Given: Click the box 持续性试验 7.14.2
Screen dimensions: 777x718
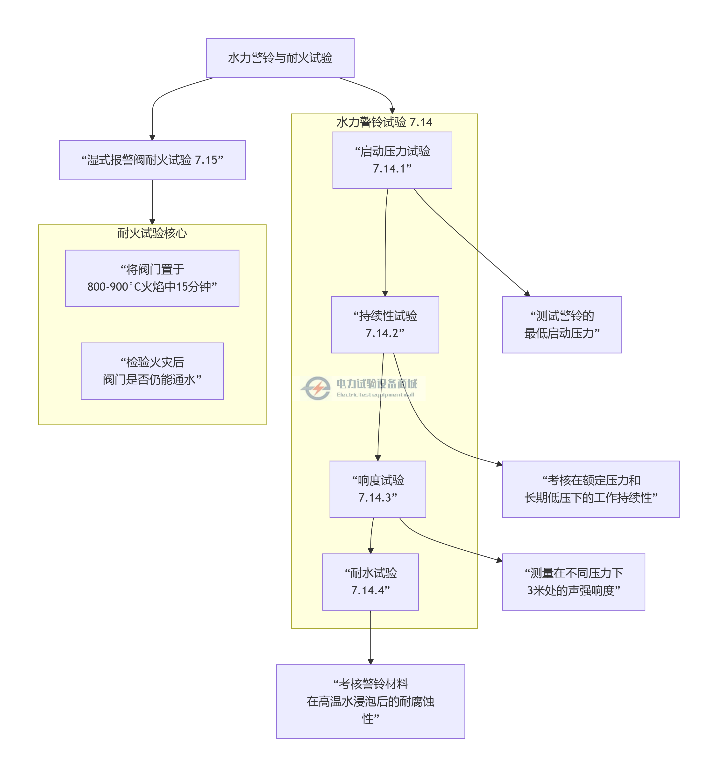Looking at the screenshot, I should pos(385,324).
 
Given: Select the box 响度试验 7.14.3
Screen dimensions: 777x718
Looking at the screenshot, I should pos(378,489).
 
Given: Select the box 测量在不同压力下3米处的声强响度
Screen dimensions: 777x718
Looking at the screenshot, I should pos(574,582).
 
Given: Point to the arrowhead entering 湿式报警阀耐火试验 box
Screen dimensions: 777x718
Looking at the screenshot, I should pos(152,138).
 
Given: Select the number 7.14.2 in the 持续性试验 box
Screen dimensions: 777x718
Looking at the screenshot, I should pos(385,333).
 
